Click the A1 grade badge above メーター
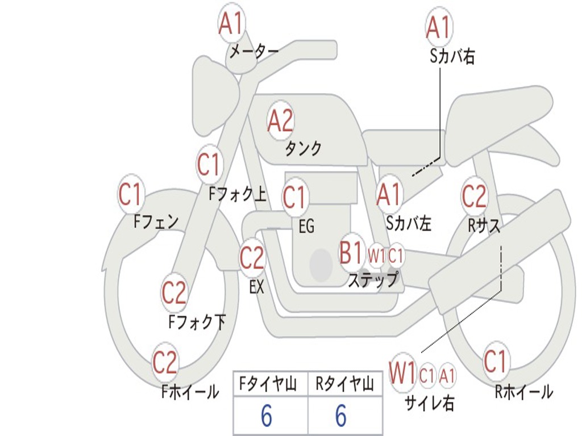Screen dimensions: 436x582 [x=231, y=24]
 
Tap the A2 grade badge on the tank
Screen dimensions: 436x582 [x=280, y=120]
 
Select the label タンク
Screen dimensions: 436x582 [x=304, y=149]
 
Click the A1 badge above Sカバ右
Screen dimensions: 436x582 [x=439, y=27]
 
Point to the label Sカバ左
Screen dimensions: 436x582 [x=409, y=224]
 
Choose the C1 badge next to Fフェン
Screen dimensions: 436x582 [x=131, y=195]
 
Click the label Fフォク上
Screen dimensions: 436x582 [x=238, y=195]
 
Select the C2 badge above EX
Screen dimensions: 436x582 [x=252, y=258]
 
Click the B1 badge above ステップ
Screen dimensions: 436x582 [x=351, y=253]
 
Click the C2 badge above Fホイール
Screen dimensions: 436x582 [x=165, y=363]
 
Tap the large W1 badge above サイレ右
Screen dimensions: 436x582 [x=402, y=374]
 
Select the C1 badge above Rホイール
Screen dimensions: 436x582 [x=496, y=361]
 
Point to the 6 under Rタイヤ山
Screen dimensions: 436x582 [x=341, y=417]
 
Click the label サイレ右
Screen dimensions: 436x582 [x=429, y=403]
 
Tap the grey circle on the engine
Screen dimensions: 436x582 [x=321, y=265]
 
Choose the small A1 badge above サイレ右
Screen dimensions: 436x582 [x=447, y=375]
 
